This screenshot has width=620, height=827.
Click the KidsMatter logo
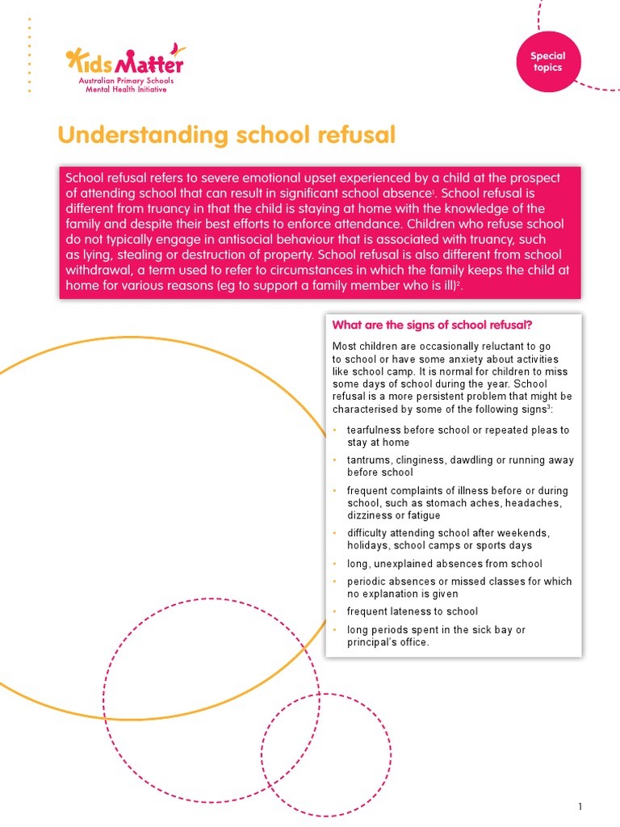(x=124, y=61)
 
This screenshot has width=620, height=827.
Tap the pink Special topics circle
(x=547, y=62)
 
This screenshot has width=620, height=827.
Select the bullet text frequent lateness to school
(x=413, y=611)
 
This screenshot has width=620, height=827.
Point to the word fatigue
(x=424, y=515)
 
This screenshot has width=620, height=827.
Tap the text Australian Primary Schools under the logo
(x=125, y=82)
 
